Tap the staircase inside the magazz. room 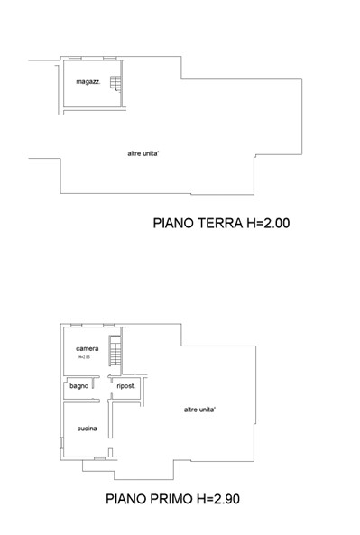click(115, 84)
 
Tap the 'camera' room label click(87, 348)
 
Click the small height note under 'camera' click(85, 357)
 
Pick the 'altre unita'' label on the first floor click(199, 409)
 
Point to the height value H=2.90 click(221, 497)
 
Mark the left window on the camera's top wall click(77, 325)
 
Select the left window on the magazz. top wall click(76, 59)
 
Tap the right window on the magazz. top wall click(109, 59)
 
